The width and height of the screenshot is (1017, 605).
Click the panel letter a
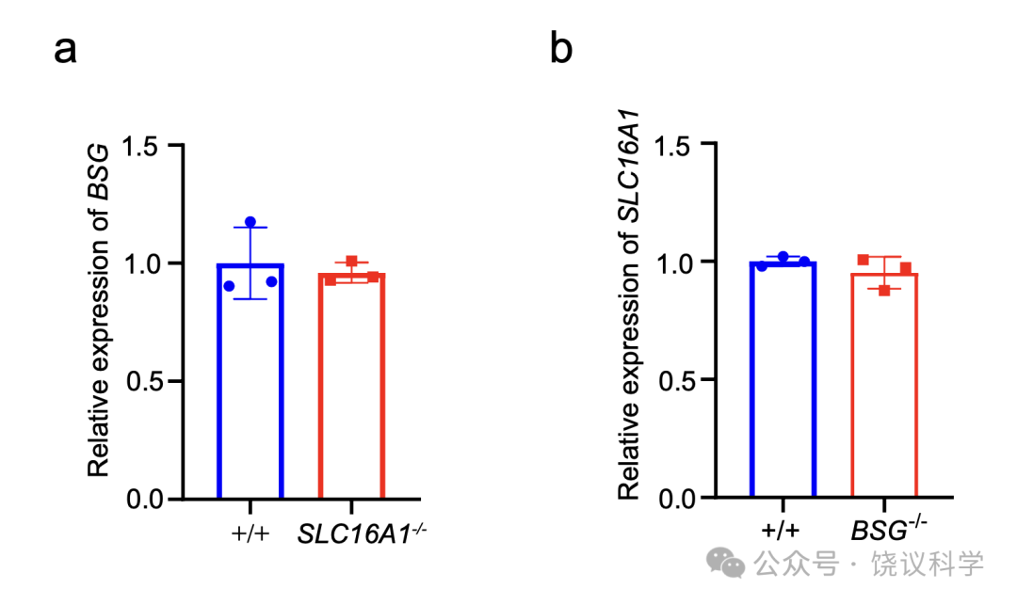65,51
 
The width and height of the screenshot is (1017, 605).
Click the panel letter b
561,48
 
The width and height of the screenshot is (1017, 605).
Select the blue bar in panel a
250,381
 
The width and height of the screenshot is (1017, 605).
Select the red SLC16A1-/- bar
351,386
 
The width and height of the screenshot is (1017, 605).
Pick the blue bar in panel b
783,379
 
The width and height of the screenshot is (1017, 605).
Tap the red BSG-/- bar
884,386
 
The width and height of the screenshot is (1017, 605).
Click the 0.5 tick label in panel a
144,381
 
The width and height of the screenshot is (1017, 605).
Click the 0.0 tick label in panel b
676,499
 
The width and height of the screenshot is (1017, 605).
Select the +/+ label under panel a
250,533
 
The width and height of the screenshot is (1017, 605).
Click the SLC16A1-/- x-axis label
362,533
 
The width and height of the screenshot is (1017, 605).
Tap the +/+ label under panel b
781,530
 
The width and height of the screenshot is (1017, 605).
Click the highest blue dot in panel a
250,222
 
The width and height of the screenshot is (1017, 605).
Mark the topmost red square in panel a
351,262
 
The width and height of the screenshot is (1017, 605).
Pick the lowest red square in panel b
884,291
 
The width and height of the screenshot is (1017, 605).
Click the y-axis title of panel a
99,310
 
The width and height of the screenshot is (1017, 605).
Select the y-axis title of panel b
628,305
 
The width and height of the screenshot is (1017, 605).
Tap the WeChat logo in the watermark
725,563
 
